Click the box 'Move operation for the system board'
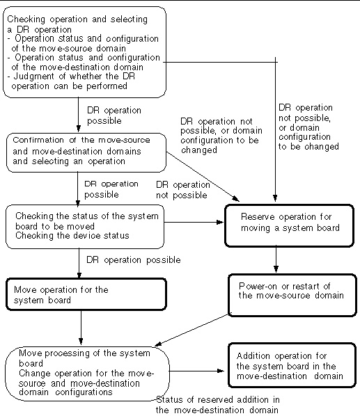86,294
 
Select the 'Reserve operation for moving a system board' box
290,225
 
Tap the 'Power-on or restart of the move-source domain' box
292,295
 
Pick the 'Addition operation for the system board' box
292,365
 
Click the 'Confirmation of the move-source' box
86,152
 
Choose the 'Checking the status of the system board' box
85,227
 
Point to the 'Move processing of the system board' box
87,374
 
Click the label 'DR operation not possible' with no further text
183,190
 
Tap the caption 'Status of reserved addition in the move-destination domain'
217,405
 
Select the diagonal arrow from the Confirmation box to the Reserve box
203,177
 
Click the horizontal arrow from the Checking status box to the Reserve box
194,222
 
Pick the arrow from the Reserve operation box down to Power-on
276,259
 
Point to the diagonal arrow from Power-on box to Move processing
191,330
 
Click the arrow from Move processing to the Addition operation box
197,371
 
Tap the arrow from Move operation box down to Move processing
81,328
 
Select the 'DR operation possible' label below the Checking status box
134,259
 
